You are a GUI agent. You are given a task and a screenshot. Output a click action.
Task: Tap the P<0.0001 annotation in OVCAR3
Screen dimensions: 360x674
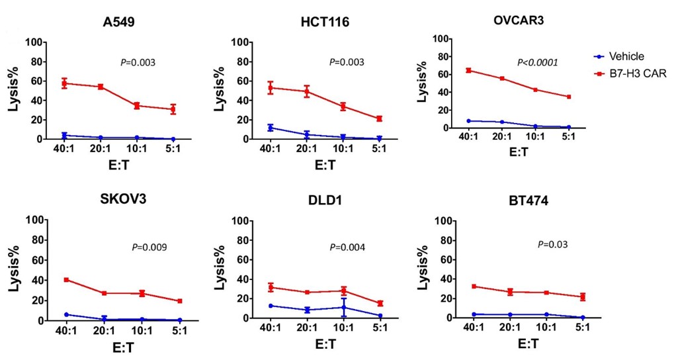[537, 62]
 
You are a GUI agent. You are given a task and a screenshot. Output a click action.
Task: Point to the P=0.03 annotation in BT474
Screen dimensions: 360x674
[552, 244]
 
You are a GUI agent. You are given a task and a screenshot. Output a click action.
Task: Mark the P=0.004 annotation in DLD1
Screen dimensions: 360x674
[347, 247]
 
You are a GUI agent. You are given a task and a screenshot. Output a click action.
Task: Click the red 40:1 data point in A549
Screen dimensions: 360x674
[65, 83]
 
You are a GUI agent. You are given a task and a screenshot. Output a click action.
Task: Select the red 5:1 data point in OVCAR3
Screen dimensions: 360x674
[569, 97]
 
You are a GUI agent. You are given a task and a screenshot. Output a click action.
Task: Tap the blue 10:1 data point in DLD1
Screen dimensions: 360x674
[344, 307]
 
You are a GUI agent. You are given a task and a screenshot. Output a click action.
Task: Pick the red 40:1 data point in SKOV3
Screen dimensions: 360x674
[66, 280]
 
